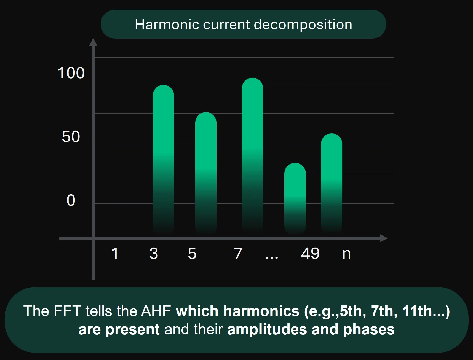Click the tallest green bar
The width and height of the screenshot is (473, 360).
coord(252,154)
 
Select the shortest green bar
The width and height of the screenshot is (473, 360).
coord(295,198)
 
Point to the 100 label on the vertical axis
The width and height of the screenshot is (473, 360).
coord(71,73)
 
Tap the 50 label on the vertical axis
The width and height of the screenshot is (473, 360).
coord(71,137)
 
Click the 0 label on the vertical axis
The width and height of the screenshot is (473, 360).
coord(71,200)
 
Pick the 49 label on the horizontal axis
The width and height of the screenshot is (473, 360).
coord(310,253)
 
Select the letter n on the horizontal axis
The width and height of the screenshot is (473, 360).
coord(346,254)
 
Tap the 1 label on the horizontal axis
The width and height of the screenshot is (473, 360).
coord(115,253)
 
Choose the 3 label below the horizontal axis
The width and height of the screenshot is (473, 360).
coord(154,253)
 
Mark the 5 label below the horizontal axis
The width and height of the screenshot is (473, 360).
coord(192,253)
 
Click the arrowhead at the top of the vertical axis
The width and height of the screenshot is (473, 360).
coord(93,42)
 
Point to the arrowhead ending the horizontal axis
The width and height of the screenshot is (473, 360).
coord(384,238)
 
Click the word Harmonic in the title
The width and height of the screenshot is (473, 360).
coord(167,25)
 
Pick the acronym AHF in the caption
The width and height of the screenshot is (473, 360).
coord(156,311)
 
